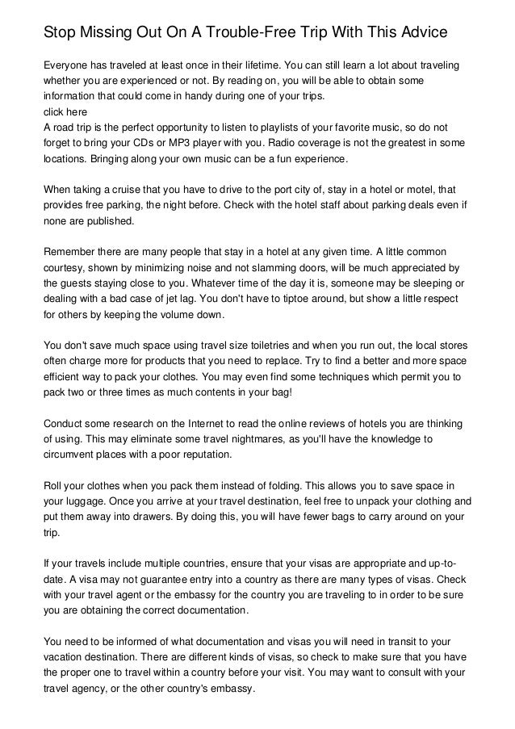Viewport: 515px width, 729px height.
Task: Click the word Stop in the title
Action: (60, 33)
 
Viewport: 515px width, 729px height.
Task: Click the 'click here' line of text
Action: (65, 113)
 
